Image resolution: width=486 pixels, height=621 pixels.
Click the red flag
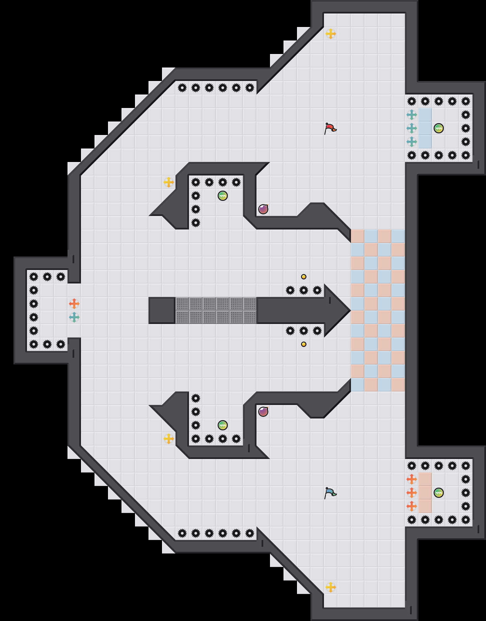330,128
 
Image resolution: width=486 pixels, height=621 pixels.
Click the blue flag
330,493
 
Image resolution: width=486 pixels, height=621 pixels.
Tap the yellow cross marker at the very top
331,34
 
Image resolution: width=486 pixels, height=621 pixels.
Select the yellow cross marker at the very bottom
331,587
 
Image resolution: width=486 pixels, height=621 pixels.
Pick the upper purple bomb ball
263,209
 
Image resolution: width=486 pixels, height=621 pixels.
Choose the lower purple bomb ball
263,412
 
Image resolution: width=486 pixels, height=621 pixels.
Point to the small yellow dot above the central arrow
304,277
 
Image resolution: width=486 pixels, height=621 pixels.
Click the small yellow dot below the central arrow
304,344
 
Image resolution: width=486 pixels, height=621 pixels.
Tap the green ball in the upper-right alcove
439,128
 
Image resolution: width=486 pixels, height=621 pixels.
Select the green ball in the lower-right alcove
439,493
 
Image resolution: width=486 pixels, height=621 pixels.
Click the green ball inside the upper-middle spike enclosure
223,196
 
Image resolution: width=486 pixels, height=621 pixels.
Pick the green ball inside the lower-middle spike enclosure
223,425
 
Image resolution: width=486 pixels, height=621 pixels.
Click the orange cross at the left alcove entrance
74,304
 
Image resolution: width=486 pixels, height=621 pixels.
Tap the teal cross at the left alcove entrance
74,317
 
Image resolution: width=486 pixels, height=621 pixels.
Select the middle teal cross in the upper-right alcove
412,128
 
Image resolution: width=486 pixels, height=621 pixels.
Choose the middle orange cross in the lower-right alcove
412,493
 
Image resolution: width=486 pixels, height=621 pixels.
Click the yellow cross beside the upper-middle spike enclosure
169,182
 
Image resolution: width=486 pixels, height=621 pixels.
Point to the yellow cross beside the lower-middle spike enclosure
169,439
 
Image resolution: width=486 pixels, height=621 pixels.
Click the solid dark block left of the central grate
162,310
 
